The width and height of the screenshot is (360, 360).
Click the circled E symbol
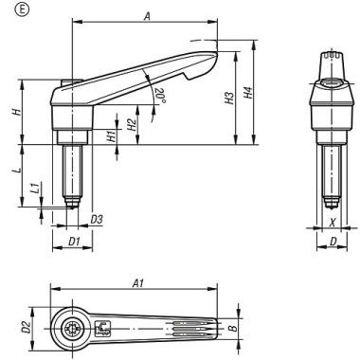pyautogui.click(x=11, y=10)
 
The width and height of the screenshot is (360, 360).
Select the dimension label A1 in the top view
pyautogui.click(x=138, y=282)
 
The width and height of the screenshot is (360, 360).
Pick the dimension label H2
pyautogui.click(x=132, y=121)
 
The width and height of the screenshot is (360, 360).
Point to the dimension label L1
pyautogui.click(x=34, y=189)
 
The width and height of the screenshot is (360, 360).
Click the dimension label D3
pyautogui.click(x=97, y=220)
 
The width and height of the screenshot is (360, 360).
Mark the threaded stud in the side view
pyautogui.click(x=71, y=171)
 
